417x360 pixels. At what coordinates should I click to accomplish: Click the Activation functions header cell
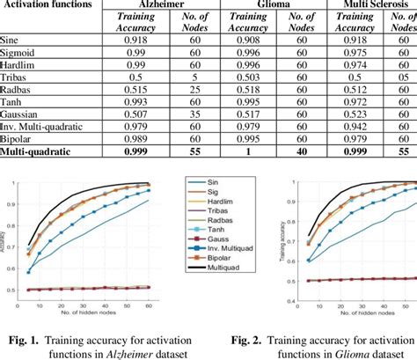point(44,6)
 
